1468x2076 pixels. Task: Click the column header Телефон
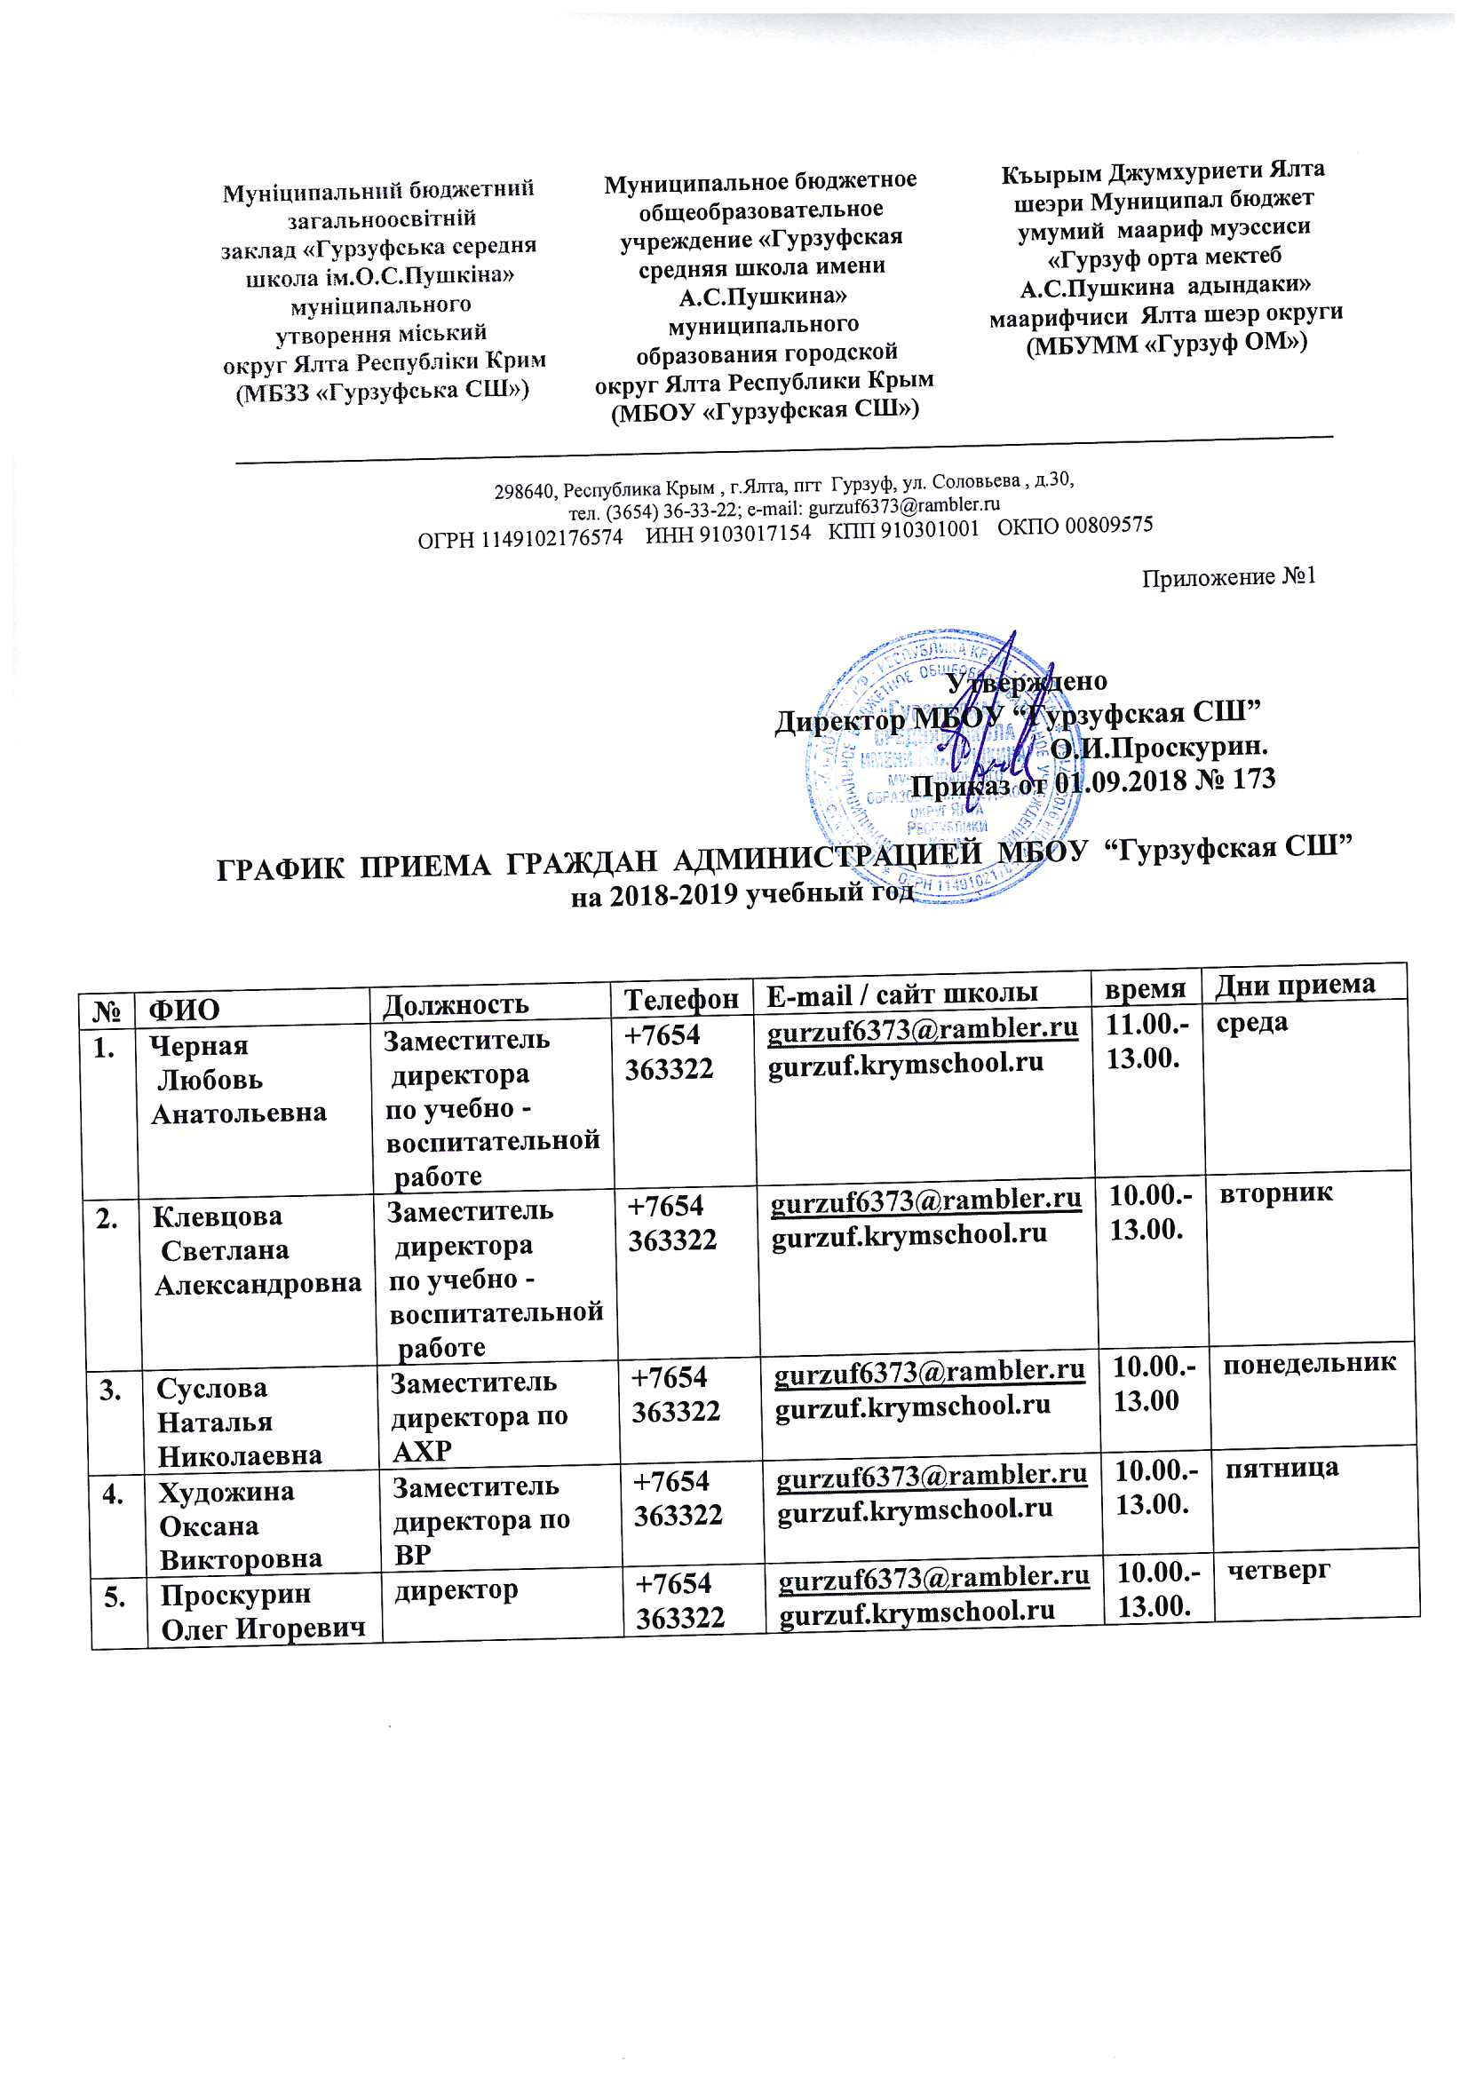tap(681, 998)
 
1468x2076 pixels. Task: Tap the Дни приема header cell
tap(1294, 984)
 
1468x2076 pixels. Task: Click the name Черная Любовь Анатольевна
tap(238, 1079)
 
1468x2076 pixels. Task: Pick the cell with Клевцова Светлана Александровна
tap(257, 1250)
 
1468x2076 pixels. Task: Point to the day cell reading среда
tap(1252, 1023)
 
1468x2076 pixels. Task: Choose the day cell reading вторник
tap(1275, 1193)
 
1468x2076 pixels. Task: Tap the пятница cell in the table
tap(1282, 1467)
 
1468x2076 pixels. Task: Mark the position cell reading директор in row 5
tap(455, 1589)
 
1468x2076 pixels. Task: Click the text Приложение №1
tap(1228, 577)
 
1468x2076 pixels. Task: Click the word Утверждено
tap(1027, 681)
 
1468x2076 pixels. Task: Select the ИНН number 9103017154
tap(755, 534)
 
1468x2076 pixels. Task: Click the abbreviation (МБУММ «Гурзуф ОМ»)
tap(1166, 343)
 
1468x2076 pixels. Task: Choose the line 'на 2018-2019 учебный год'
tap(742, 894)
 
